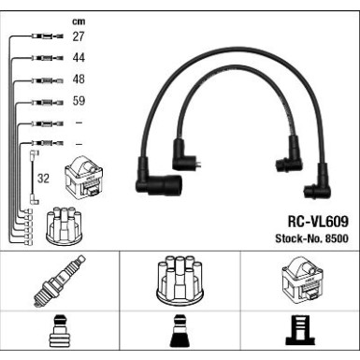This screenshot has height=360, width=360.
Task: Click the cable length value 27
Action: [x=79, y=36]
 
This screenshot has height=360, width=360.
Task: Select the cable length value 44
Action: [x=79, y=58]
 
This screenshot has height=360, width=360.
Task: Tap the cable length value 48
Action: [x=79, y=79]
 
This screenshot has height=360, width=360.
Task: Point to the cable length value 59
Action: [x=79, y=101]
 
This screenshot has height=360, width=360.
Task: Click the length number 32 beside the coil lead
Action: [x=43, y=179]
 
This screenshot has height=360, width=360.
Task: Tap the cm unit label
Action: [x=79, y=22]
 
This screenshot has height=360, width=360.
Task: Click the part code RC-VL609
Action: [x=318, y=222]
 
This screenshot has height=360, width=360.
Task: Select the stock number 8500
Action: [x=337, y=238]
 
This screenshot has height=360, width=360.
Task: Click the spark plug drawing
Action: [x=59, y=281]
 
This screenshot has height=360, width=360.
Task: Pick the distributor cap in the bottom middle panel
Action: [x=180, y=280]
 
